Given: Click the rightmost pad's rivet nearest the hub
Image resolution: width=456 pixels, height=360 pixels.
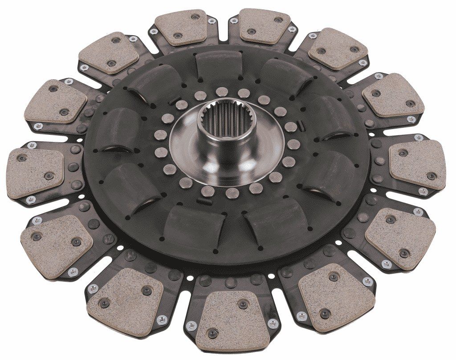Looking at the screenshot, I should (x=403, y=153).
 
